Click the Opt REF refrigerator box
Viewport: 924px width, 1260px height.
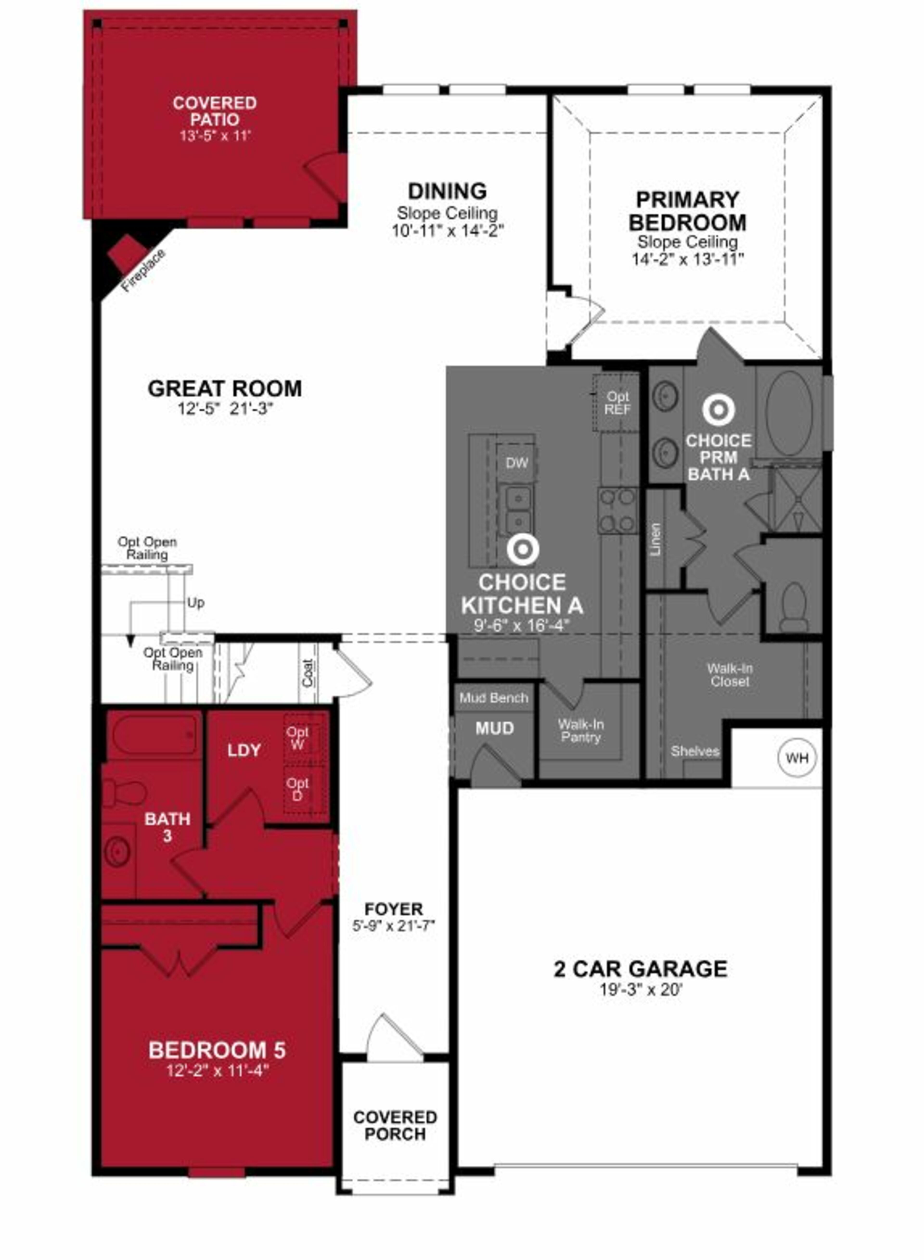click(617, 403)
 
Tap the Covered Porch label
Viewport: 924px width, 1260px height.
click(395, 1125)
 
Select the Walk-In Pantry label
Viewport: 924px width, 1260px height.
click(581, 731)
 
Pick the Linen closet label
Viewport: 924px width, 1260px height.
click(656, 539)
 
